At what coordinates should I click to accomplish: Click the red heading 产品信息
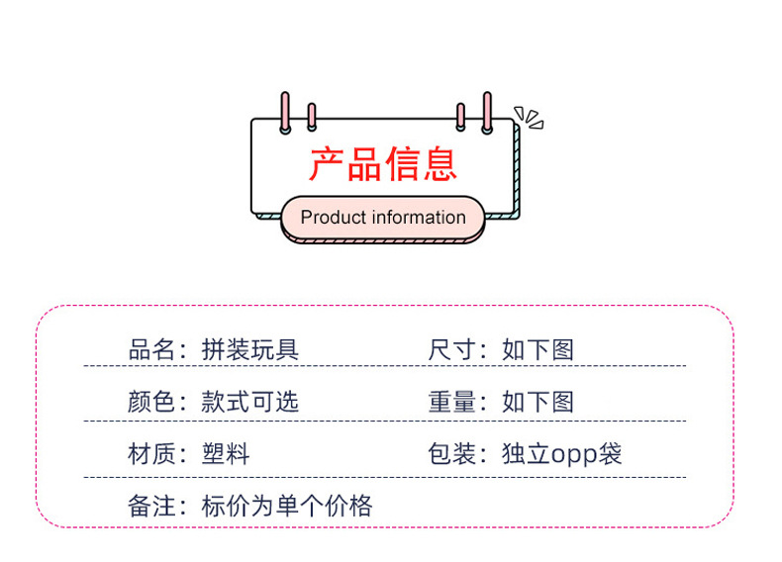(383, 163)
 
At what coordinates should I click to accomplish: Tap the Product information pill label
(383, 218)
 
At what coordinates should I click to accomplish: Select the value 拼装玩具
(249, 349)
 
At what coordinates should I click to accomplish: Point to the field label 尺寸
(450, 349)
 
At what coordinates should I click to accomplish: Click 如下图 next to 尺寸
(538, 349)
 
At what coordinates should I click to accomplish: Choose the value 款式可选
(249, 402)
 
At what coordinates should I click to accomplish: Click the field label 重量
(450, 402)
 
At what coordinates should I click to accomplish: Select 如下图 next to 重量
(538, 402)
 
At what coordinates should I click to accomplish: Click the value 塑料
(226, 454)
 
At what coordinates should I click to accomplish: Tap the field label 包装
(450, 454)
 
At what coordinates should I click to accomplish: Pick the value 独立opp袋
(561, 454)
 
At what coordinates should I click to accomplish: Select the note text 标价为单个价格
(287, 507)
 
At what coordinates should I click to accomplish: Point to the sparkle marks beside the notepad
(530, 119)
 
